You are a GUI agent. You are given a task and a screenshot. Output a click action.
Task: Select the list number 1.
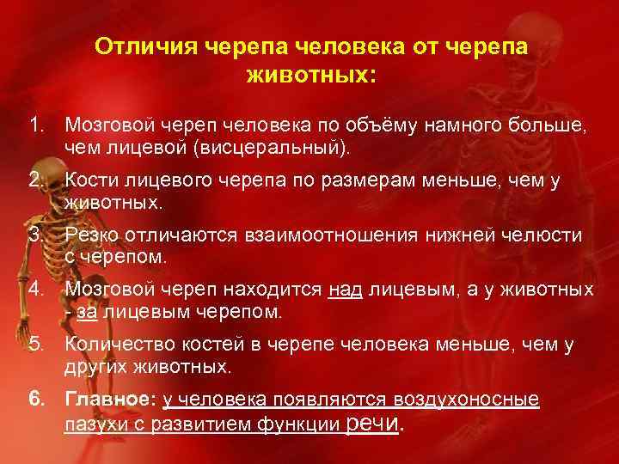click(35, 128)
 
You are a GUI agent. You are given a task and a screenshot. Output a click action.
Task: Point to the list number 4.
click(35, 290)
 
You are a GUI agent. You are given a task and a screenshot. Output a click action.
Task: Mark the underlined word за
click(86, 311)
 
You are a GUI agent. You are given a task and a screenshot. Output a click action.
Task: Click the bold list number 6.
click(35, 400)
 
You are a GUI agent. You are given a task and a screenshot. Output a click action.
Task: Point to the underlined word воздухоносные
click(466, 400)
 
